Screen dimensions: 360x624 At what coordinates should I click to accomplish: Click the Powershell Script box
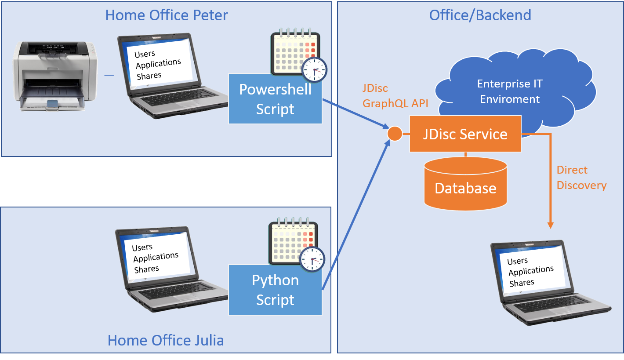tap(275, 99)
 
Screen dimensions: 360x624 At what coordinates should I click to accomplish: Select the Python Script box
tap(275, 290)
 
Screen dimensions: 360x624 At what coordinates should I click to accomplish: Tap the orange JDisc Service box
tap(465, 134)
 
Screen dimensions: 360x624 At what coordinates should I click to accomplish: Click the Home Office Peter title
tap(167, 15)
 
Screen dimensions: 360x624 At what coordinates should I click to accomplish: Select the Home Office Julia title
tap(166, 340)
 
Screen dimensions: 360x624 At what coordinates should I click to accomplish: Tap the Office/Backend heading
tap(480, 15)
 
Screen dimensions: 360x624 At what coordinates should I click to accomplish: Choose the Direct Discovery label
tap(581, 178)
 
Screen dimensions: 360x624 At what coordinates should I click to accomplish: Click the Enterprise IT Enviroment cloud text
tap(510, 91)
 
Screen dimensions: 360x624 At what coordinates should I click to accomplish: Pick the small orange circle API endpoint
tap(395, 134)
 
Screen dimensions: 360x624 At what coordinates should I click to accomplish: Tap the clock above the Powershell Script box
tap(314, 69)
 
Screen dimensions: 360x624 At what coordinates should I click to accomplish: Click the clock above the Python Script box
tap(312, 259)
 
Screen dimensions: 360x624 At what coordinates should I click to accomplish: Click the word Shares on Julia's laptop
tap(146, 269)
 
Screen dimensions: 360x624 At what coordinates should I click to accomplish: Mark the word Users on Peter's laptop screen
tap(145, 54)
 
